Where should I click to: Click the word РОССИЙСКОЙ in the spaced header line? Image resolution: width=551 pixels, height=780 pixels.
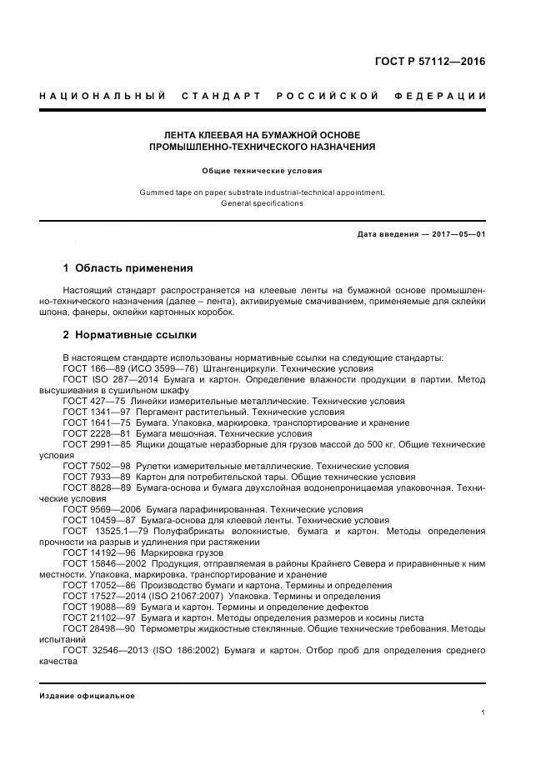[x=334, y=96]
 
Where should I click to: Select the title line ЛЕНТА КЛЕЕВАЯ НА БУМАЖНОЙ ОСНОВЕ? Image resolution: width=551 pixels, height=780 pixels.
[x=262, y=134]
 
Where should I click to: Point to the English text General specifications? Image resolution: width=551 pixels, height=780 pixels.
[x=262, y=203]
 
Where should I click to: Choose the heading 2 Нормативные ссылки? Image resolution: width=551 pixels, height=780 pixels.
[x=130, y=335]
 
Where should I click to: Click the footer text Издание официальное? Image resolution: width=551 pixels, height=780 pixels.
[x=87, y=696]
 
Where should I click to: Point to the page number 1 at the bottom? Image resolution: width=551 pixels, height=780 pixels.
[x=483, y=712]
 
